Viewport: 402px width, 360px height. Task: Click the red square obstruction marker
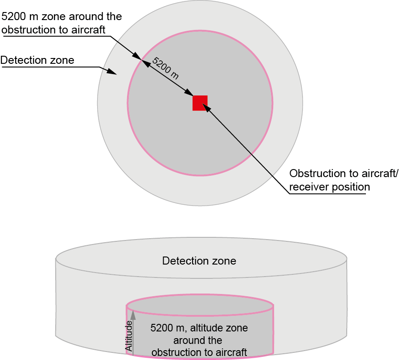pyautogui.click(x=200, y=103)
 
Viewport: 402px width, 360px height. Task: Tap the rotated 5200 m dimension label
pyautogui.click(x=165, y=68)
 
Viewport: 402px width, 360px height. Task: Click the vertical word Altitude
pyautogui.click(x=129, y=335)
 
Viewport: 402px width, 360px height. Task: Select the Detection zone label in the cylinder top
pyautogui.click(x=199, y=261)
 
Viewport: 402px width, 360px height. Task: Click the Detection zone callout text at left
pyautogui.click(x=37, y=60)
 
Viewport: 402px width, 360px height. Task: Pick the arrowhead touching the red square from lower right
pyautogui.click(x=205, y=107)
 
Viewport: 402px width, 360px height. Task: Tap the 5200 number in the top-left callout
pyautogui.click(x=13, y=17)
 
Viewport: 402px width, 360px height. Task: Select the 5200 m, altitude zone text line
pyautogui.click(x=199, y=328)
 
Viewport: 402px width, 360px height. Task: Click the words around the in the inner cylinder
pyautogui.click(x=199, y=340)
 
